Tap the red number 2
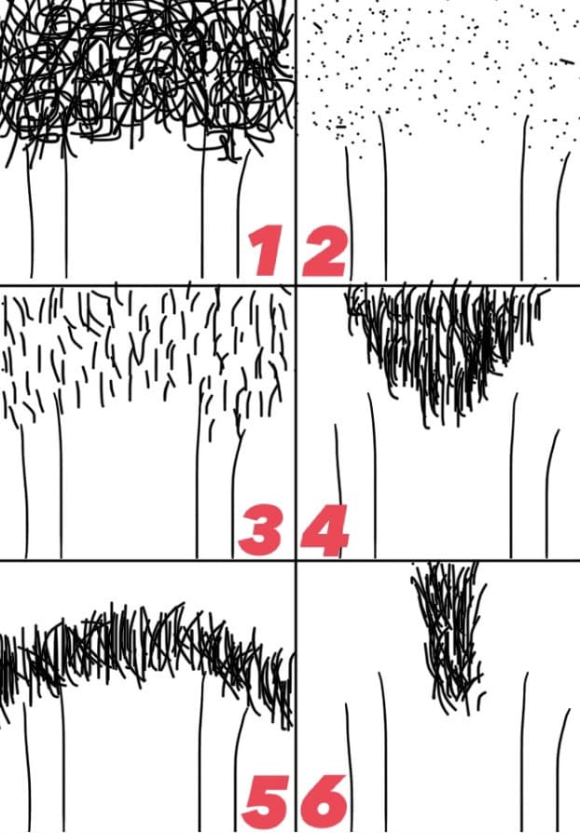pos(325,252)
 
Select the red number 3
pos(259,530)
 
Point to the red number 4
pos(325,530)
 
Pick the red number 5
pos(265,803)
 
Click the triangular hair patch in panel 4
pos(441,340)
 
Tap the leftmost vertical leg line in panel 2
pos(350,212)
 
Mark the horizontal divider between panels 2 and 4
pos(437,286)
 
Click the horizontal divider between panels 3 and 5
pos(147,561)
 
